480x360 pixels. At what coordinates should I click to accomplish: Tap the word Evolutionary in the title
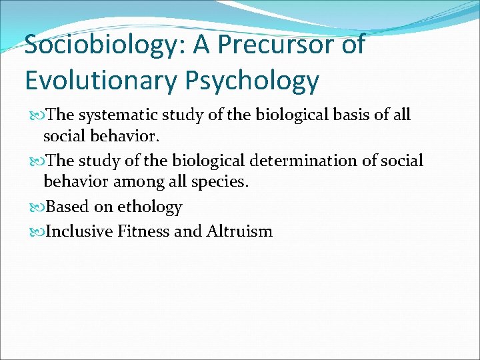click(99, 80)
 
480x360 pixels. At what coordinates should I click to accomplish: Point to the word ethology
click(149, 207)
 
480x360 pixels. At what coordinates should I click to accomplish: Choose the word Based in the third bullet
click(70, 207)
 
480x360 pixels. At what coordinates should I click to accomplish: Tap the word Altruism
click(239, 231)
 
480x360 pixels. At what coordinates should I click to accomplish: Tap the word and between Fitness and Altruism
click(189, 231)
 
